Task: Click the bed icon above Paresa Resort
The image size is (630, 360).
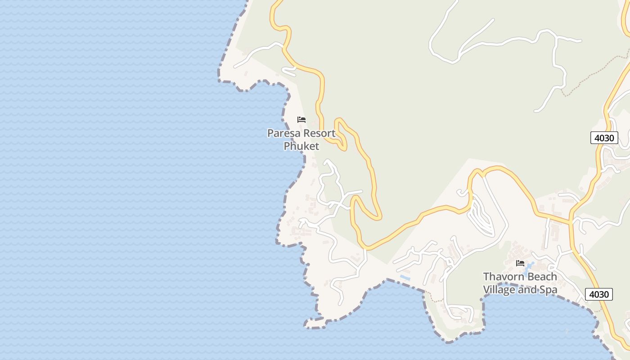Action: point(301,120)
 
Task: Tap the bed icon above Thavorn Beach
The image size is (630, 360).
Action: point(520,263)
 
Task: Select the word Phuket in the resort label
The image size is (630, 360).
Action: point(301,146)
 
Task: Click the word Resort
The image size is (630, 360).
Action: point(319,133)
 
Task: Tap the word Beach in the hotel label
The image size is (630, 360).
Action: point(540,276)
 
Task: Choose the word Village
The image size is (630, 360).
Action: point(499,289)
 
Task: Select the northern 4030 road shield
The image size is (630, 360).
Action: point(604,138)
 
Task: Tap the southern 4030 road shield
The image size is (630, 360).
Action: point(599,294)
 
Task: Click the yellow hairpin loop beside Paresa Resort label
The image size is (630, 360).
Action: point(341,133)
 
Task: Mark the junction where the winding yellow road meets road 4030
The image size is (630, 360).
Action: point(570,222)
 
